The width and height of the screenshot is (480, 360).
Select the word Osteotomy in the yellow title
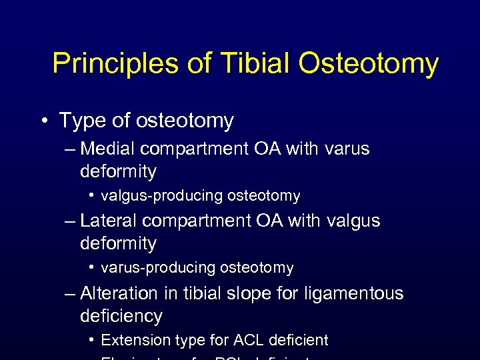[368, 64]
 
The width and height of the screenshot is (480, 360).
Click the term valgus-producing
[162, 196]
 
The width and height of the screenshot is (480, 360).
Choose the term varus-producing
[159, 268]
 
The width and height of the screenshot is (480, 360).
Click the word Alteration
[119, 293]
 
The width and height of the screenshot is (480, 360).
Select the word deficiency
[121, 315]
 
